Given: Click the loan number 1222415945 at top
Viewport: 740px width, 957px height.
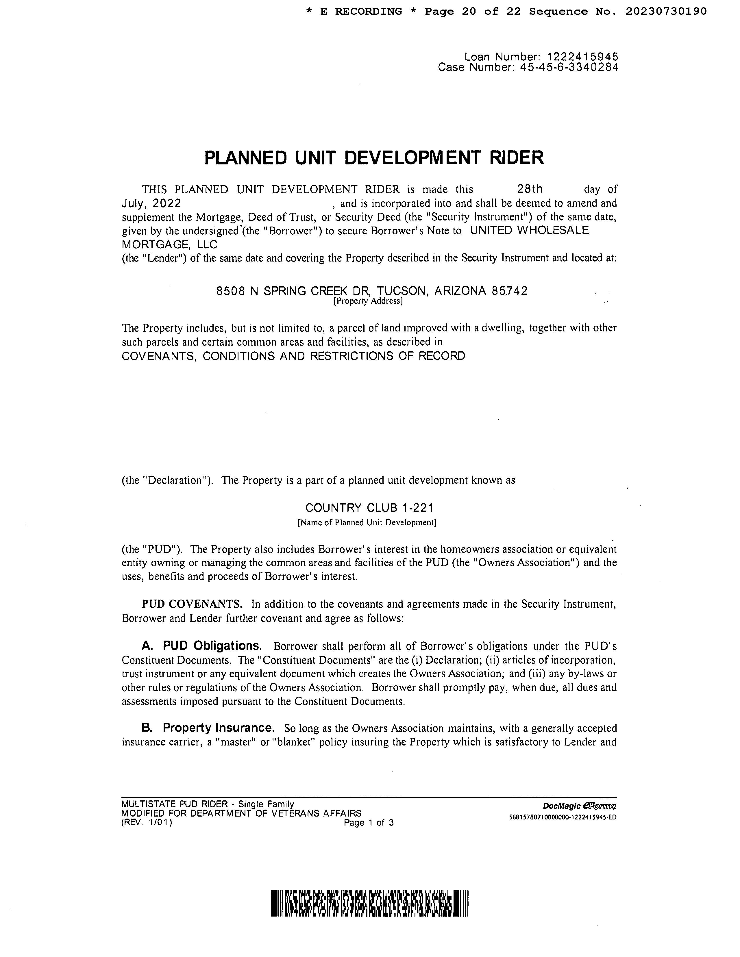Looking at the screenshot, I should point(582,57).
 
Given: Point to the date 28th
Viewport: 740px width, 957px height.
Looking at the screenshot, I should point(530,189).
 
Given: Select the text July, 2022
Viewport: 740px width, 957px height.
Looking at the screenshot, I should point(151,203).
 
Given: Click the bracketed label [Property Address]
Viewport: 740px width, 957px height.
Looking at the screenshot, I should point(368,301).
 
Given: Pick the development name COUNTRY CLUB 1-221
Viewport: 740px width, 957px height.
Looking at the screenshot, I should point(369,508).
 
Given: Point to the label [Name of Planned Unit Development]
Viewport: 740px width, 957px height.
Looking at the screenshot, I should point(367,523).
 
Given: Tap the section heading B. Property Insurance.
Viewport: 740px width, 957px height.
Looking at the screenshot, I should point(208,728).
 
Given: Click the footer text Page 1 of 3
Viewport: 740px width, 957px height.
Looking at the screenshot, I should point(369,823).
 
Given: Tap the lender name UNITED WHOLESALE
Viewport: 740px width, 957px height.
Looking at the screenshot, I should point(529,231).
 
